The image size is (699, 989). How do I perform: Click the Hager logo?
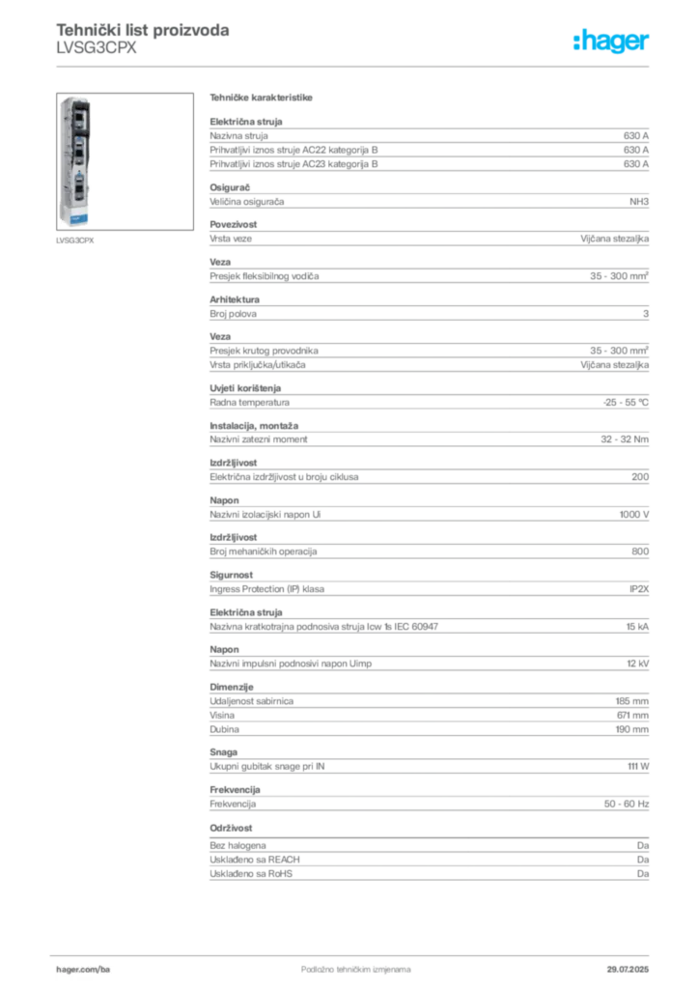click(610, 41)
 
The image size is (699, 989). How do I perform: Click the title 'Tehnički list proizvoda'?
click(143, 30)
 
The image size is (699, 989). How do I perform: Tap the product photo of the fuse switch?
click(125, 161)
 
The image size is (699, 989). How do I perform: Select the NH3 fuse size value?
click(638, 202)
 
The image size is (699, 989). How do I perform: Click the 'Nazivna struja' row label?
click(238, 135)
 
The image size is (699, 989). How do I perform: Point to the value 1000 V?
click(633, 515)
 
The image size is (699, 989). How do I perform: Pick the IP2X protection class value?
click(638, 589)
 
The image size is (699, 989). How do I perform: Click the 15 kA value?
click(637, 627)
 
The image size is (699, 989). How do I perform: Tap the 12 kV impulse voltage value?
click(637, 664)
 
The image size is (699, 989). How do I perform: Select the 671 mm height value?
click(632, 716)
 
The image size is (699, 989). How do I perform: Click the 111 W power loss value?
click(638, 766)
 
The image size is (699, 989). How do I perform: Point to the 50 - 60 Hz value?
click(626, 805)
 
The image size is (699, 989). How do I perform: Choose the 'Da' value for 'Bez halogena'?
click(642, 846)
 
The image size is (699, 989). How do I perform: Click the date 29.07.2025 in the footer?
click(628, 970)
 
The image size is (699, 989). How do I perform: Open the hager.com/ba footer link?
click(83, 970)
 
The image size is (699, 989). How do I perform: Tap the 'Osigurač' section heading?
click(230, 187)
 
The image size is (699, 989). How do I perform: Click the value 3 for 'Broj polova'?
click(646, 314)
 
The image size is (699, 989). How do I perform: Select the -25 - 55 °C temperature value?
click(626, 403)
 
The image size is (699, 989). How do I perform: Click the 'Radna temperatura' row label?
click(250, 403)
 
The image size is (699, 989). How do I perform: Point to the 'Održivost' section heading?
click(231, 828)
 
